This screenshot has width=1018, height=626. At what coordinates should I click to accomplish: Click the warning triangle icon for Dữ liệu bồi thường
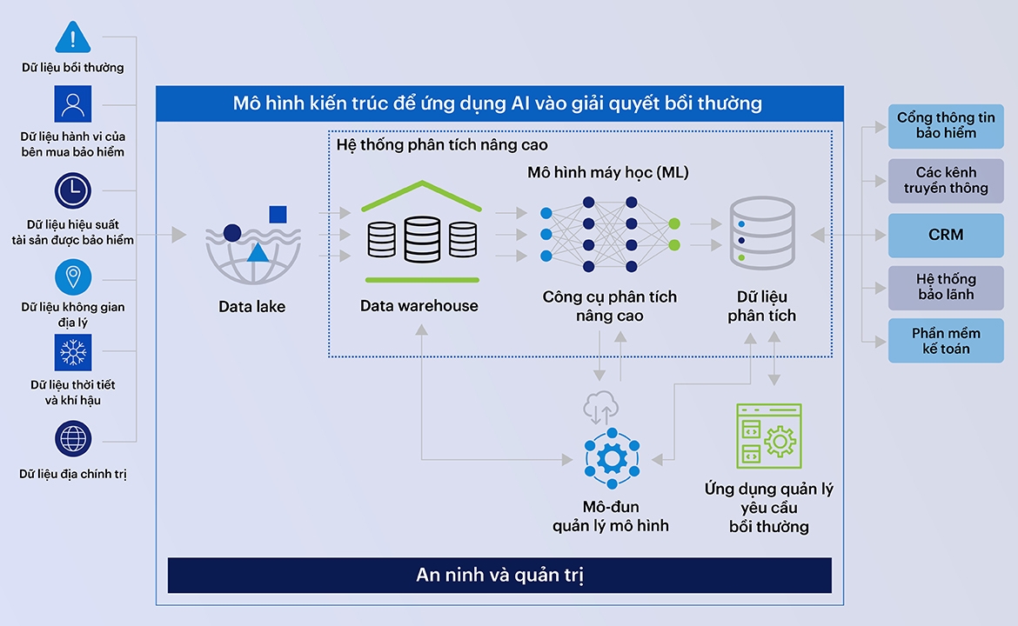pyautogui.click(x=73, y=37)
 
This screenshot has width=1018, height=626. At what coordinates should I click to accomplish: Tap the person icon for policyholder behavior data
pyautogui.click(x=73, y=104)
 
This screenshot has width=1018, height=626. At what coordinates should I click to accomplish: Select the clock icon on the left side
pyautogui.click(x=73, y=190)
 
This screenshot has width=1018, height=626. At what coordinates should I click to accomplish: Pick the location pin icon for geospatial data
pyautogui.click(x=73, y=277)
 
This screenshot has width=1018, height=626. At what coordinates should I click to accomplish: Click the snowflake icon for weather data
pyautogui.click(x=73, y=353)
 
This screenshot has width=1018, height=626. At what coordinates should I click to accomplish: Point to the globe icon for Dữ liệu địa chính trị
pyautogui.click(x=73, y=439)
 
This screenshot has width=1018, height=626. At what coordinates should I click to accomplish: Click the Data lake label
pyautogui.click(x=252, y=306)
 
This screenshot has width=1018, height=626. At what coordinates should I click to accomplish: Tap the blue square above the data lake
pyautogui.click(x=278, y=214)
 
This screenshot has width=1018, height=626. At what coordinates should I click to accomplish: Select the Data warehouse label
pyautogui.click(x=419, y=306)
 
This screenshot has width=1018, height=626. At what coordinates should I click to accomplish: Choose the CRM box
pyautogui.click(x=946, y=235)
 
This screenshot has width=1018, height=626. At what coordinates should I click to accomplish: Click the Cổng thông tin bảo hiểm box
pyautogui.click(x=946, y=126)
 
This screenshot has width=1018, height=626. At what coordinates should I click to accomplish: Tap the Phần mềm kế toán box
pyautogui.click(x=946, y=341)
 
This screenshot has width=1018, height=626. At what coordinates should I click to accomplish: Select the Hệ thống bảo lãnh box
pyautogui.click(x=946, y=288)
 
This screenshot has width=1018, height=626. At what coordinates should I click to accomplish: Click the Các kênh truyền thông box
pyautogui.click(x=946, y=180)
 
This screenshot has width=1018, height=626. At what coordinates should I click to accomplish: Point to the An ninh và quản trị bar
pyautogui.click(x=499, y=576)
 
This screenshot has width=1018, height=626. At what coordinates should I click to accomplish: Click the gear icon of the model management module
pyautogui.click(x=612, y=458)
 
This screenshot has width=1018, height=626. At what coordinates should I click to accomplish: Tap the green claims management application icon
pyautogui.click(x=768, y=436)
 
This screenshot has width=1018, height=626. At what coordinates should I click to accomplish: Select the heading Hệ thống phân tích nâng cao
pyautogui.click(x=442, y=145)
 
